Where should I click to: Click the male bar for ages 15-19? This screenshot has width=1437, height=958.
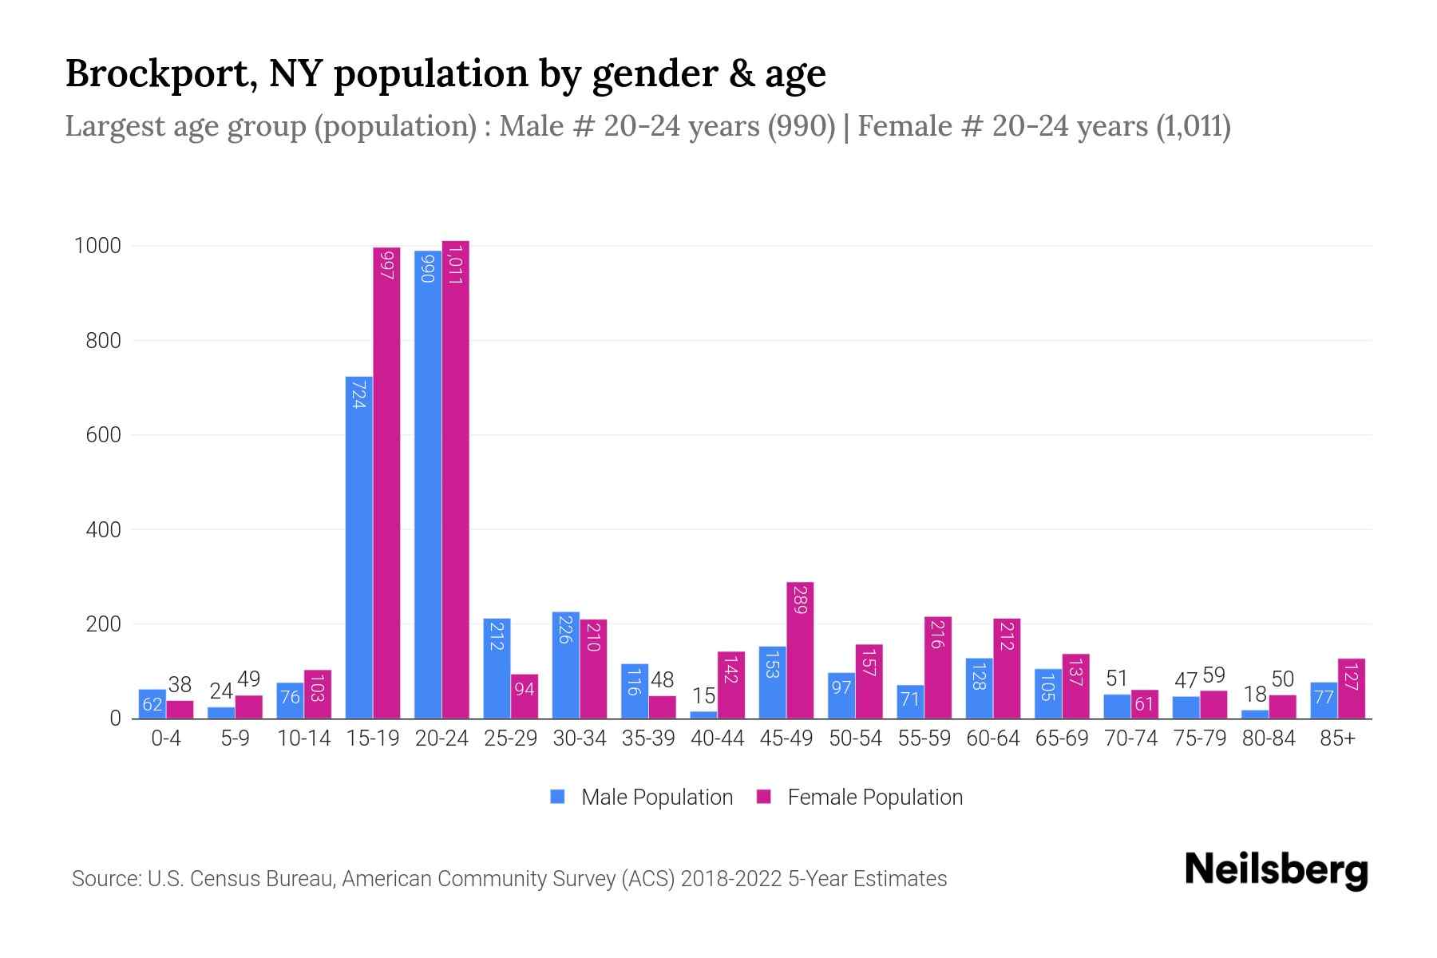(x=358, y=548)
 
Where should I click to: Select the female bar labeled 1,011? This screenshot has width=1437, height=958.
(x=456, y=479)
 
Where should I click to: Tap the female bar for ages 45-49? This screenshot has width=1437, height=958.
(x=800, y=651)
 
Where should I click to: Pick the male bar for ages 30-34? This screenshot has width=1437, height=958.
(x=566, y=665)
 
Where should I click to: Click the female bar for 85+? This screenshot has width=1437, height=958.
(x=1352, y=688)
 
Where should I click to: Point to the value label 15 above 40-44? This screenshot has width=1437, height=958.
(x=703, y=696)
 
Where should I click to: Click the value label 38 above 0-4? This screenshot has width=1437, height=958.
(x=180, y=685)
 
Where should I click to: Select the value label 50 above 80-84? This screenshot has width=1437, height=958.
(x=1282, y=679)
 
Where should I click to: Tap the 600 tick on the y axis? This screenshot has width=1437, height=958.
(x=104, y=435)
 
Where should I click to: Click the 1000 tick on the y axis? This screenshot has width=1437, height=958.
(x=97, y=246)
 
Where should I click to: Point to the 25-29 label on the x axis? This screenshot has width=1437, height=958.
(x=511, y=739)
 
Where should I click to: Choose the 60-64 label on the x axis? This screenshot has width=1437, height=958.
(x=993, y=739)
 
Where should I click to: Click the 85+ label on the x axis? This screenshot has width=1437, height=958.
(x=1337, y=739)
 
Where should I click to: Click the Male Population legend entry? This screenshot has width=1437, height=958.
(x=643, y=798)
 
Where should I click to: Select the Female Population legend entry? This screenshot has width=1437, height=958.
(x=861, y=798)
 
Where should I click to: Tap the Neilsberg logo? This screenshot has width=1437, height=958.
(x=1276, y=870)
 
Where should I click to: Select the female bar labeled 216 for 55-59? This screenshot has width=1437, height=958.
(x=938, y=667)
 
